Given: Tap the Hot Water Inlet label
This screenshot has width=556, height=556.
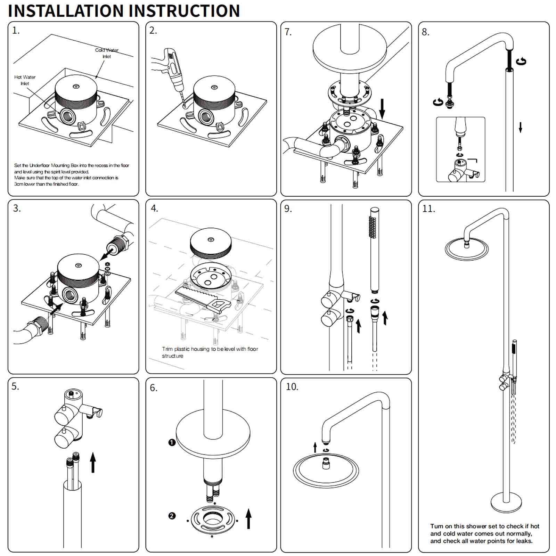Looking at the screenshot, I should click(x=25, y=80).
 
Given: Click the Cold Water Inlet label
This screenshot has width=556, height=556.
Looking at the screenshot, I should click(x=107, y=53).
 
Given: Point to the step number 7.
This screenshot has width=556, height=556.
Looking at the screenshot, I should click(x=288, y=32).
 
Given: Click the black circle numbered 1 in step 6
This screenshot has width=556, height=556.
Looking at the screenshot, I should click(x=172, y=442).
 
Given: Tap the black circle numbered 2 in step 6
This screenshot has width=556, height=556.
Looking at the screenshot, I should click(x=172, y=516).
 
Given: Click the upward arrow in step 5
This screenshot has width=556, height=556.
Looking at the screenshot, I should click(x=93, y=462).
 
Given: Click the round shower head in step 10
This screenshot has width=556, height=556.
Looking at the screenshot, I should click(x=326, y=471).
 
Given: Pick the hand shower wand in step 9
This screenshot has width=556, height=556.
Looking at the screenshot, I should click(x=374, y=250).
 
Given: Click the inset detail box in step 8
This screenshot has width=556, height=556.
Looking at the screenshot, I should click(x=460, y=149).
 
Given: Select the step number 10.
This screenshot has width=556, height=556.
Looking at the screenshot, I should click(x=292, y=387).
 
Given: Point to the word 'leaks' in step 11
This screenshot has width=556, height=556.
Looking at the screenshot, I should click(x=524, y=541).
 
